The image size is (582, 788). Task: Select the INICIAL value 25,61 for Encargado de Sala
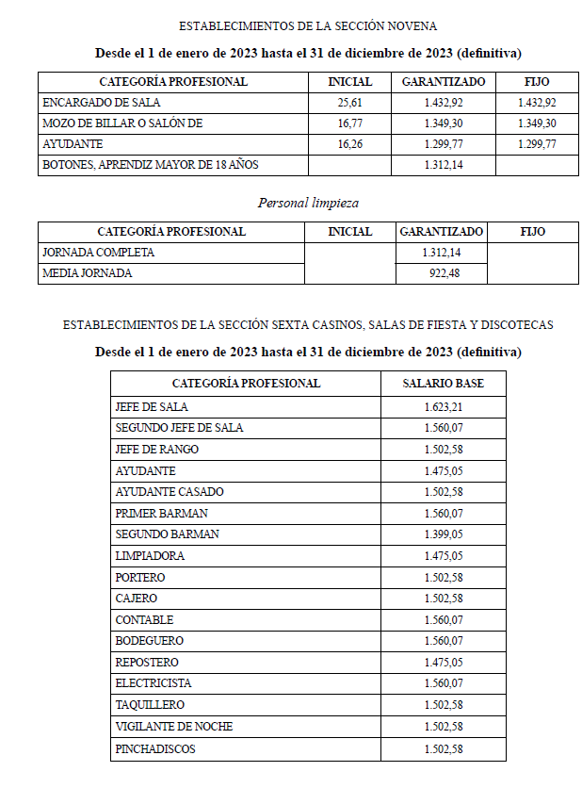349,103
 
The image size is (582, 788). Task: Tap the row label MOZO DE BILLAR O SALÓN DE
122,123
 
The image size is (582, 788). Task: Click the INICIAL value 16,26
349,144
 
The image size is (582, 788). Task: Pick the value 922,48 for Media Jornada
443,273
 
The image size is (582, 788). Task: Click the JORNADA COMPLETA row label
98,253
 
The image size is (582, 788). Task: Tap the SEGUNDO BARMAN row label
167,534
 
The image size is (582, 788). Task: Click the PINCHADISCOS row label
155,749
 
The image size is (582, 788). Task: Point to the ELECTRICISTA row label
153,683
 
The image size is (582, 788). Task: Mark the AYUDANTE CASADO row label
170,492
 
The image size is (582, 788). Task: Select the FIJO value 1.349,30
537,123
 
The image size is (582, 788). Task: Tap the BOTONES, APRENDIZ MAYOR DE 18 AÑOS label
151,165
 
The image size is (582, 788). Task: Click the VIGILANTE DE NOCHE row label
173,727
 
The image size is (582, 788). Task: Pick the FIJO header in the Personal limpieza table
532,231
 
